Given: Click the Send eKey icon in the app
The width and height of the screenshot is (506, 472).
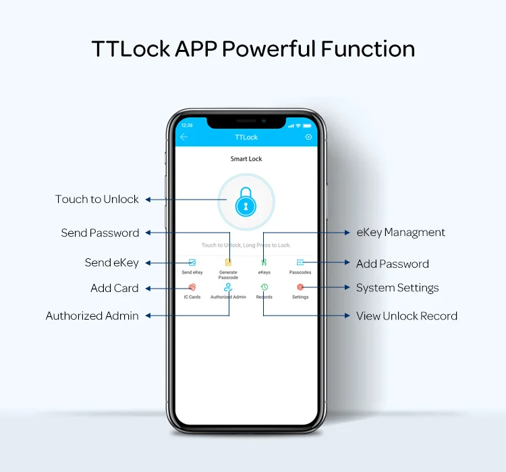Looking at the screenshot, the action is [x=192, y=262].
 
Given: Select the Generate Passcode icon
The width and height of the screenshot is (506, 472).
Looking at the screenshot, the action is [x=228, y=262].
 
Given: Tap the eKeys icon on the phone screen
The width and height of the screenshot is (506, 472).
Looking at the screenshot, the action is [x=264, y=262].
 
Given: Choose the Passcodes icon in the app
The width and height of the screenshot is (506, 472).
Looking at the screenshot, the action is [x=300, y=262].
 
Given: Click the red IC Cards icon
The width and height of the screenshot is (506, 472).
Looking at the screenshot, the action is [x=192, y=287].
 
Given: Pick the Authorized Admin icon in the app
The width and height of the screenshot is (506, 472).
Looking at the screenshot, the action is [x=228, y=287].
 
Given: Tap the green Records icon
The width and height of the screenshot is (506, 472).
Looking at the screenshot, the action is [x=264, y=287].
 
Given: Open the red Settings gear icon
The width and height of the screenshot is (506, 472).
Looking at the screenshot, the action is [x=300, y=287].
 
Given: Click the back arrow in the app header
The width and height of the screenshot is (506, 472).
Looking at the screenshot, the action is [x=184, y=137].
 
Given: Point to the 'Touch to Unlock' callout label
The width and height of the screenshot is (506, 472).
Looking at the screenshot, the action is [x=97, y=200].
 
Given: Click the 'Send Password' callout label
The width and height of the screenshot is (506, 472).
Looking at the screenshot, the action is [x=100, y=233].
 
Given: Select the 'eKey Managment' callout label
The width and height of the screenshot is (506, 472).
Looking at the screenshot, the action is [x=401, y=233].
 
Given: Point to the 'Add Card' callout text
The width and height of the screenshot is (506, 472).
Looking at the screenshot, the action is [x=115, y=289].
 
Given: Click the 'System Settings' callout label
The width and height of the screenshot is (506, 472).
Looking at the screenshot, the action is [x=397, y=289].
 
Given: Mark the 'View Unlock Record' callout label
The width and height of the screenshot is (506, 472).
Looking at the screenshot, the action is [x=407, y=316].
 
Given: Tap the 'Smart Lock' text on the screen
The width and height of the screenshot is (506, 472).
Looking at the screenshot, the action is [x=246, y=159].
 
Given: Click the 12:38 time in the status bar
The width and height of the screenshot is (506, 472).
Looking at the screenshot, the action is [x=187, y=125].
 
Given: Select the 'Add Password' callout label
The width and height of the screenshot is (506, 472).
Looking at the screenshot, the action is [x=393, y=264].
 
